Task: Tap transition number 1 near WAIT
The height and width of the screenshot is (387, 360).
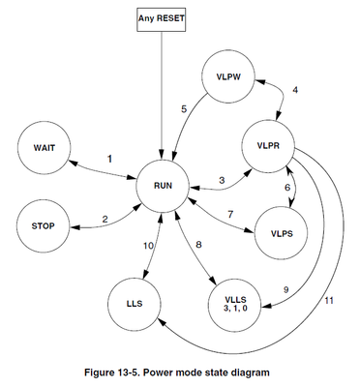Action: [109, 158]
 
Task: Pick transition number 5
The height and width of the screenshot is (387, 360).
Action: [183, 108]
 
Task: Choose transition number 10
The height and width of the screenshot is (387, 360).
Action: [148, 247]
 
